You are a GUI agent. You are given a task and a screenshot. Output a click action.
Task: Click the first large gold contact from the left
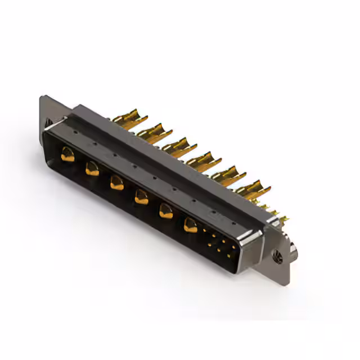[x=67, y=154]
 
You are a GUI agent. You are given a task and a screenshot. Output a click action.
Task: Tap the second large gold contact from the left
[x=92, y=168]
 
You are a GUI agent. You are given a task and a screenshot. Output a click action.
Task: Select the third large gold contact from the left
[x=116, y=182]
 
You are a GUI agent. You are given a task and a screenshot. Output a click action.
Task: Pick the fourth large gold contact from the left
[x=141, y=196]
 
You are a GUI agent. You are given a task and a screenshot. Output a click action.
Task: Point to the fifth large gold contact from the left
[x=165, y=211]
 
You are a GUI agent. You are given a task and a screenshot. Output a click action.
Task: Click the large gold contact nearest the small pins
[x=191, y=226]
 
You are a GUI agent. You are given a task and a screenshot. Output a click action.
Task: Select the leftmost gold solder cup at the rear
[x=128, y=119]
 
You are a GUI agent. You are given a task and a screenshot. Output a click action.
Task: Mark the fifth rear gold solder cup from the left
[x=227, y=174]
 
